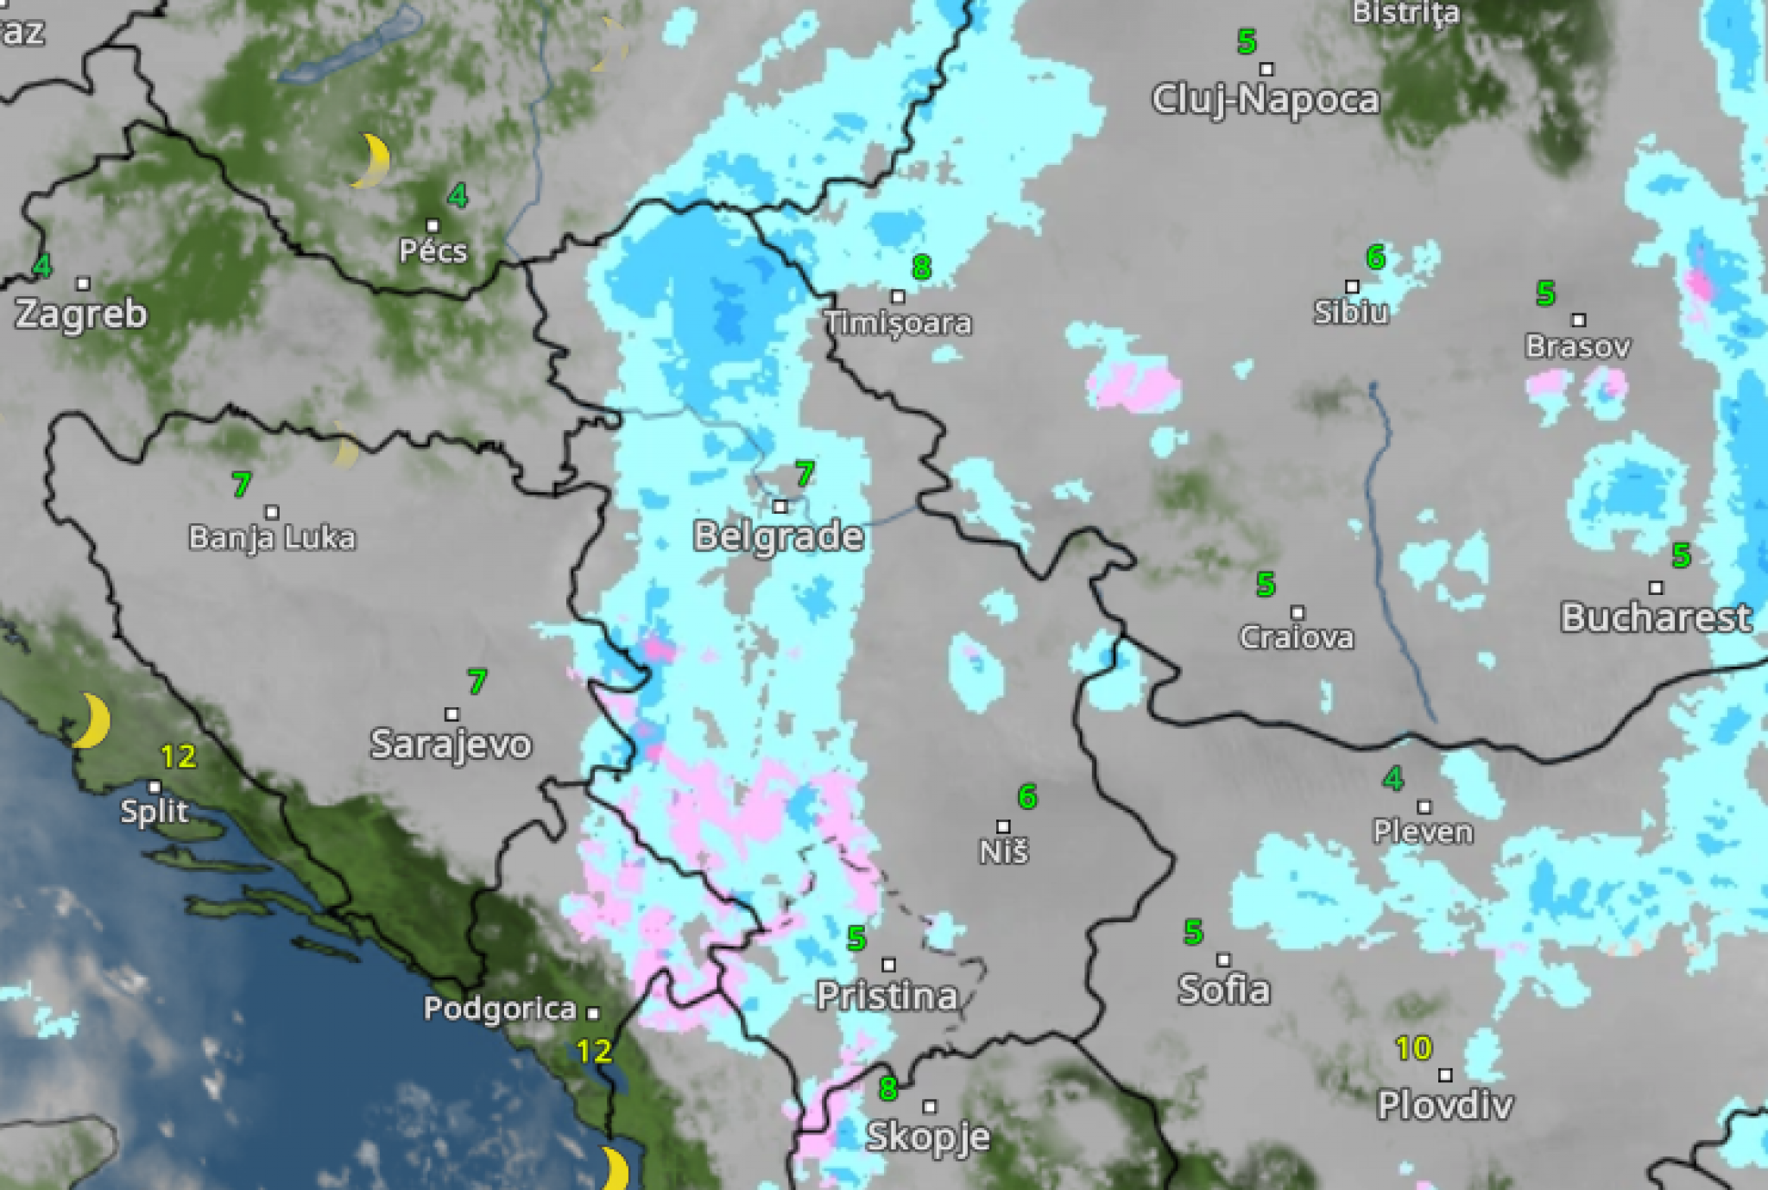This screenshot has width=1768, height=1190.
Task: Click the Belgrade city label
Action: tap(779, 536)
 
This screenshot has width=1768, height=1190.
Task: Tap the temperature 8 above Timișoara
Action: tap(921, 267)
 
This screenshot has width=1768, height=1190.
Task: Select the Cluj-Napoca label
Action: tap(1266, 100)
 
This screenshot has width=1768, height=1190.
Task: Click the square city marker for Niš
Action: tap(1003, 826)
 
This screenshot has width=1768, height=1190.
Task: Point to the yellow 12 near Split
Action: tap(179, 756)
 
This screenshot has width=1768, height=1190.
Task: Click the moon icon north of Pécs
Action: tap(373, 161)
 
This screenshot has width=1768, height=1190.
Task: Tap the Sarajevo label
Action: tap(451, 744)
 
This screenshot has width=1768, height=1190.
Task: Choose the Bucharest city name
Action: tap(1655, 617)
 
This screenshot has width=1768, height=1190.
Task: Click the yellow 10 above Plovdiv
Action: tap(1413, 1048)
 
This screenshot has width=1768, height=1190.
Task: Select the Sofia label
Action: tap(1223, 990)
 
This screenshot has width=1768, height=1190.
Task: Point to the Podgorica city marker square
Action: tap(593, 1012)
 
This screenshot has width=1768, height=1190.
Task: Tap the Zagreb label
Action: tap(81, 313)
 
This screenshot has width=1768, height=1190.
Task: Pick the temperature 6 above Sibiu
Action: tap(1375, 256)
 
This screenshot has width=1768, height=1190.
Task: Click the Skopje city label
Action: tap(928, 1136)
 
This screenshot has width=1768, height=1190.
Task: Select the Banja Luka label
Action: tap(272, 538)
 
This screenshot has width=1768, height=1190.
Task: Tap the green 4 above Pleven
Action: tap(1392, 779)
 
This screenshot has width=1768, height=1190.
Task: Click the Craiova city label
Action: tap(1296, 637)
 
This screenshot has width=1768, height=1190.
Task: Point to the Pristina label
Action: tap(887, 997)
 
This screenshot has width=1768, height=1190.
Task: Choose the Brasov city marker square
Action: tap(1579, 320)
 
